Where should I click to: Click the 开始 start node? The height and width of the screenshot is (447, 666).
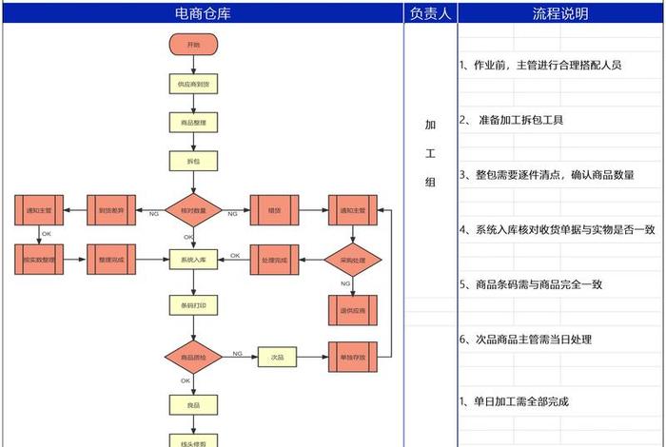point(193,45)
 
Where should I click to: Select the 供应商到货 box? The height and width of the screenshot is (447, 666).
point(193,84)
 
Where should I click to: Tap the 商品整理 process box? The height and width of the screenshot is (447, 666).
point(193,123)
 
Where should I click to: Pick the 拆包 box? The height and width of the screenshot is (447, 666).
point(193,162)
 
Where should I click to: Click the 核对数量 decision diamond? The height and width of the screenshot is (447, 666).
point(193,209)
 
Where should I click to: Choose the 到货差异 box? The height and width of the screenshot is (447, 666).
point(112,209)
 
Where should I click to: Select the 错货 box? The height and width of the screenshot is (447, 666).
point(274,209)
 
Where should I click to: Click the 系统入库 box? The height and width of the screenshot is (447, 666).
point(193,259)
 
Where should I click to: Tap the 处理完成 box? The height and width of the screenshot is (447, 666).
point(274,259)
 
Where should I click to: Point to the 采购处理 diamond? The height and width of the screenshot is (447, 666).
point(353,259)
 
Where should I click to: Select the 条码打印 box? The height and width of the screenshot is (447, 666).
point(193,305)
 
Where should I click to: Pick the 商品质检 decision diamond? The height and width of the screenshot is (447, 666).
point(193,357)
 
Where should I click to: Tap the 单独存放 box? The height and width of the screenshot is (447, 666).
point(353,357)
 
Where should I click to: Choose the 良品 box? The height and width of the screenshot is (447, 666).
point(193,404)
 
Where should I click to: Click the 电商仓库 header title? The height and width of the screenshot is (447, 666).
point(203,13)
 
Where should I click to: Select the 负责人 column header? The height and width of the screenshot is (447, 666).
point(431,13)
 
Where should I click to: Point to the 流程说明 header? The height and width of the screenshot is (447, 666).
point(560,13)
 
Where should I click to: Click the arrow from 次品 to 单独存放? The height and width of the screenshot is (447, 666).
point(312,357)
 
